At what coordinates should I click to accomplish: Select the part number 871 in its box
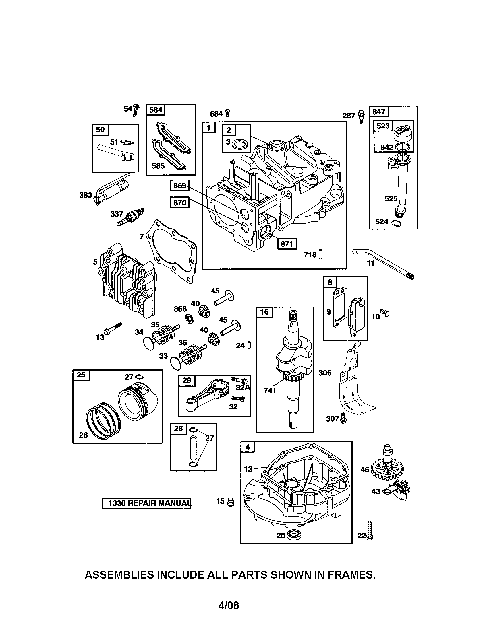click(287, 244)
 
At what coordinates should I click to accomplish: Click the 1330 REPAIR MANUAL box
click(147, 503)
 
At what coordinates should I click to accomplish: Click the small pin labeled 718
click(320, 254)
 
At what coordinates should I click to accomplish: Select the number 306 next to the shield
click(325, 373)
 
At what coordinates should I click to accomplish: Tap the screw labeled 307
click(343, 418)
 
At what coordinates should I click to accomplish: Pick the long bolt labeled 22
click(369, 530)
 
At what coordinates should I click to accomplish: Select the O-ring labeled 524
click(396, 223)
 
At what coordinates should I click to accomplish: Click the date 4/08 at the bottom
click(229, 605)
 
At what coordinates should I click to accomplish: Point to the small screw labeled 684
click(228, 113)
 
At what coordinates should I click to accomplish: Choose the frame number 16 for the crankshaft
click(264, 312)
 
